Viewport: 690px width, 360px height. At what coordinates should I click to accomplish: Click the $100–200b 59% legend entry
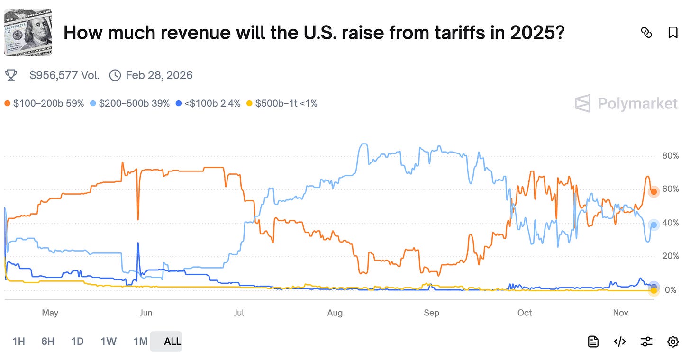pos(44,103)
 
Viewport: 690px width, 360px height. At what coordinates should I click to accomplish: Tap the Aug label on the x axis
pos(335,313)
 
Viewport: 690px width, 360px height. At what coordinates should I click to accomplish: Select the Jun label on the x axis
pos(146,313)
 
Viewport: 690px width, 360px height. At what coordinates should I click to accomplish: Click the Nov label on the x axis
pos(620,313)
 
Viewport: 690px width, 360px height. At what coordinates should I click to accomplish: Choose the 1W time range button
pos(109,341)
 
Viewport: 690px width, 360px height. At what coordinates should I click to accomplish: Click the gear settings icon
pos(672,342)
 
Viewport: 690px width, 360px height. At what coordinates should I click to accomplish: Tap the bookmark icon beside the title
pos(672,33)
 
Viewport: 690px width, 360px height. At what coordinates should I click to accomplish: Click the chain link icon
pos(646,33)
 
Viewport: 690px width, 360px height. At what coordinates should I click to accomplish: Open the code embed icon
pos(620,342)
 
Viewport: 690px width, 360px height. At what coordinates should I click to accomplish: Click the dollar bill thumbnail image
pos(28,32)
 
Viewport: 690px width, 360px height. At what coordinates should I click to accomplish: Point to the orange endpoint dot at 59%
pos(654,192)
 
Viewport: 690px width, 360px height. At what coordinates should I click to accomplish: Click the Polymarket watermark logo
pos(626,103)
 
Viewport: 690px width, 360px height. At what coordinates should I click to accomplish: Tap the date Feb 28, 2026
pos(159,75)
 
